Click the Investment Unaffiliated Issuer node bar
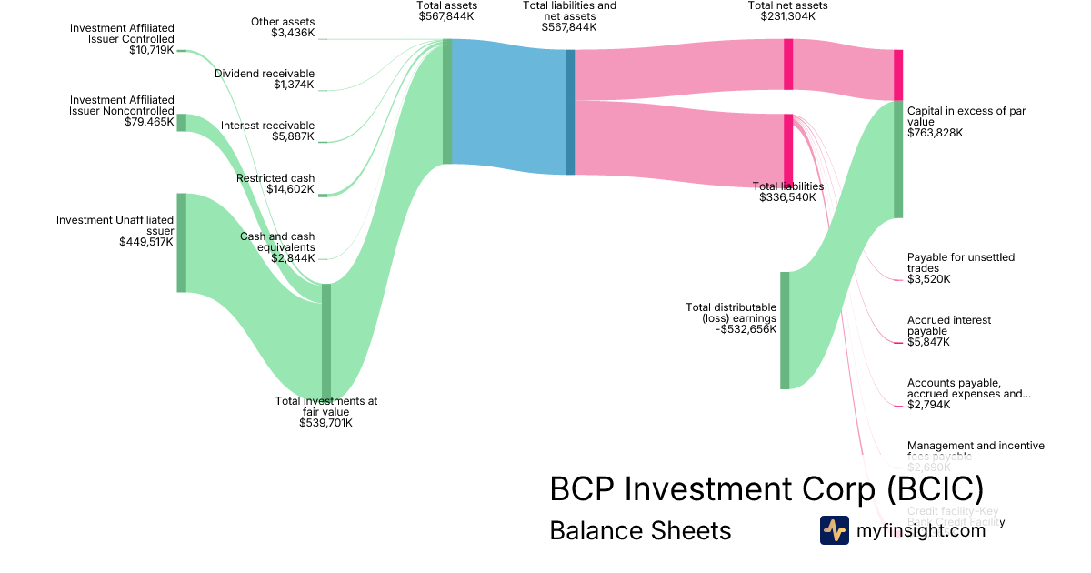(x=181, y=242)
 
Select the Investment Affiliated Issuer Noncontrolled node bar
(x=181, y=123)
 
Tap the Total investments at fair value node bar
(x=326, y=341)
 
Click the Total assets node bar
(x=446, y=101)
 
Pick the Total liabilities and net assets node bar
(x=570, y=112)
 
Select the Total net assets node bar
(x=788, y=65)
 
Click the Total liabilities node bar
(x=788, y=150)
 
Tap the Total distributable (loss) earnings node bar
(x=785, y=330)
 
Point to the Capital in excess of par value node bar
(x=898, y=159)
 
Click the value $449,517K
(x=146, y=242)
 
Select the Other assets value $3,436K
(x=293, y=33)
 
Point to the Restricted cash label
(x=275, y=178)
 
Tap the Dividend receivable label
(x=265, y=74)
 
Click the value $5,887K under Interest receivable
(x=294, y=136)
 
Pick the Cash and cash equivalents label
(x=277, y=241)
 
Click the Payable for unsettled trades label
(x=960, y=263)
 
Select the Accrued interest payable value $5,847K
(x=928, y=342)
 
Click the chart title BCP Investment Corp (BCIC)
(x=766, y=489)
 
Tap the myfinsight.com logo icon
(x=834, y=530)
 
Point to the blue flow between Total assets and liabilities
(x=508, y=107)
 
